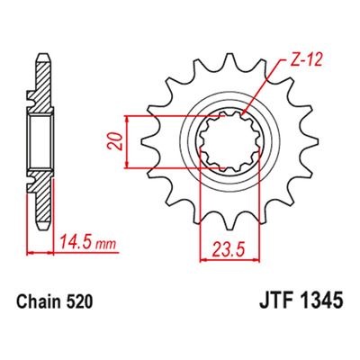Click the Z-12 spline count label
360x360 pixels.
point(302,60)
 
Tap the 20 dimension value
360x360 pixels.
point(115,141)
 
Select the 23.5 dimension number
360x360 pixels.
point(229,249)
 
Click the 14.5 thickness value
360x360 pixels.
point(76,242)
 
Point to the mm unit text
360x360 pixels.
point(105,244)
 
